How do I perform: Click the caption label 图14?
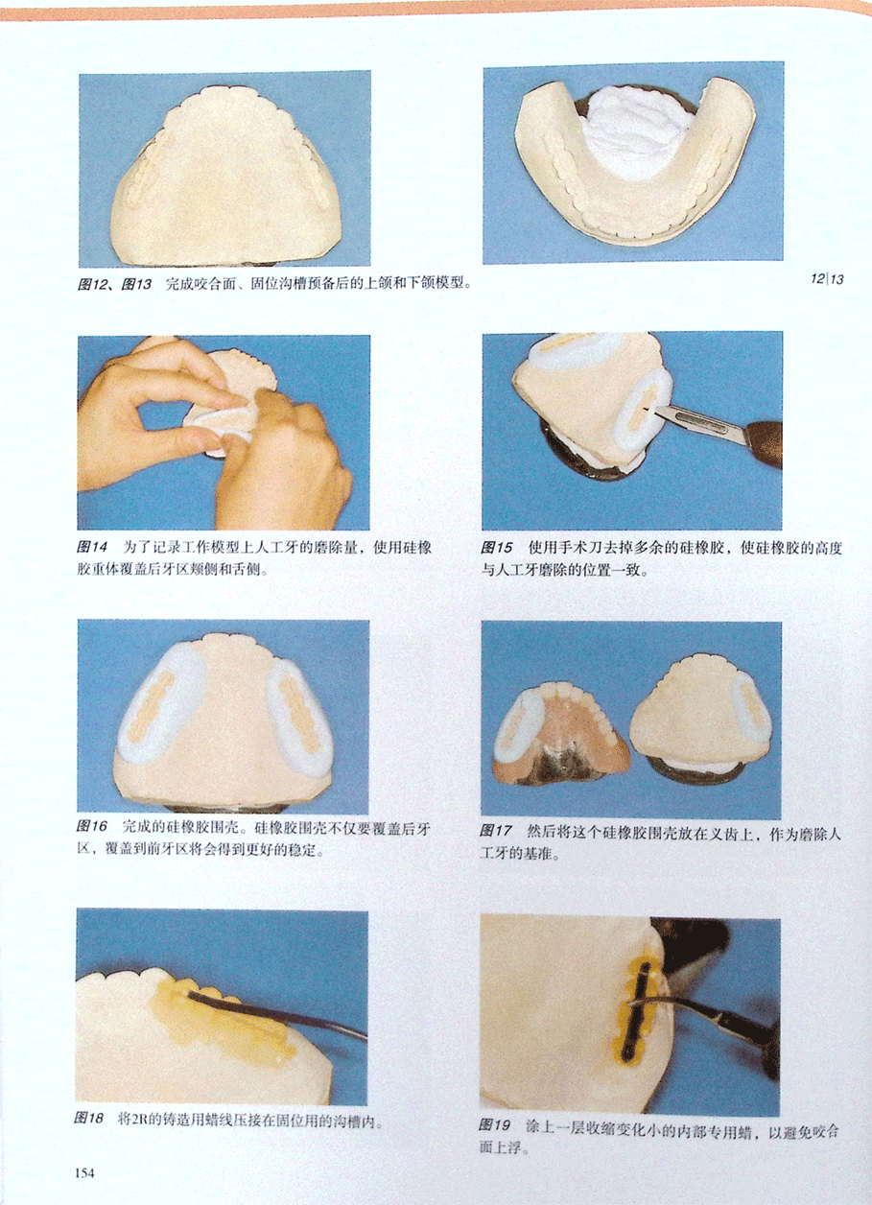91,548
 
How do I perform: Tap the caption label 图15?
497,548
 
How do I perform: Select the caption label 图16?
91,826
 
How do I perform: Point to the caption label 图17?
495,831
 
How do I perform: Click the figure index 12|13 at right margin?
827,279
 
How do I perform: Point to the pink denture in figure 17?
559,740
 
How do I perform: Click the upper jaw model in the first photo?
227,177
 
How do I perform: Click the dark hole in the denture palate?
557,763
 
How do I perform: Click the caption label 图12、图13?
114,283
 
